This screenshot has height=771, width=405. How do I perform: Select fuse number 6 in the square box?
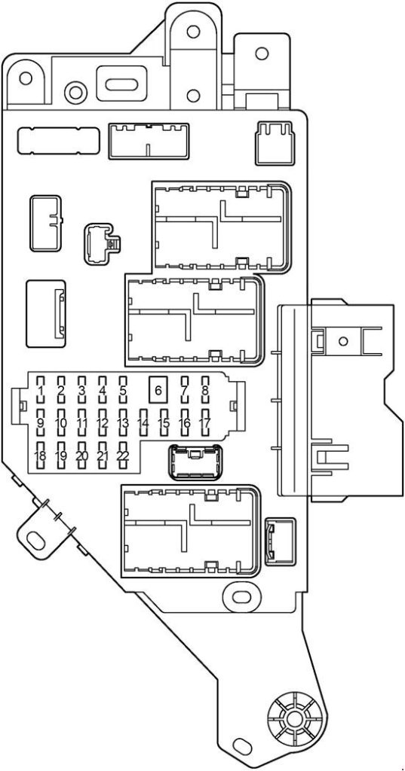pos(158,391)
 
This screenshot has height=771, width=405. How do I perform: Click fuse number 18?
pos(41,456)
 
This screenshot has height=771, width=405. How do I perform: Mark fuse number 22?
pos(123,456)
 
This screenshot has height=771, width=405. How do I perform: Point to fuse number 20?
pos(81,456)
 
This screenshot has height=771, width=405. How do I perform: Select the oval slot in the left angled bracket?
pos(35,540)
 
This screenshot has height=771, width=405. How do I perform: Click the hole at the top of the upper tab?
pos(193,32)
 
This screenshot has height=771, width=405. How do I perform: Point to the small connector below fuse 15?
pos(195,462)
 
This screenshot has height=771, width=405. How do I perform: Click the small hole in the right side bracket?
pos(343,341)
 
